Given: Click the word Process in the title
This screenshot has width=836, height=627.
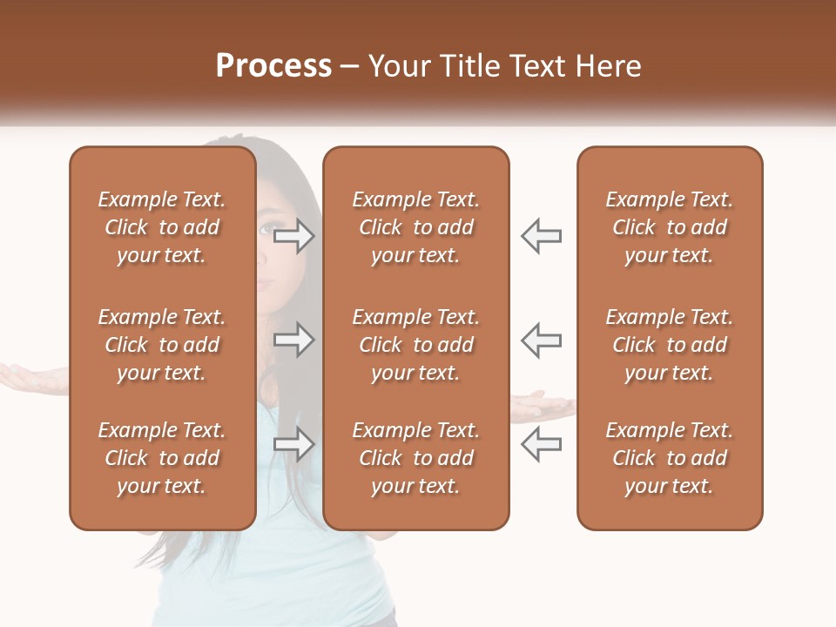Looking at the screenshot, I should (x=273, y=66).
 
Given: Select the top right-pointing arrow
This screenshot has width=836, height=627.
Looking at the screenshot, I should (x=293, y=235).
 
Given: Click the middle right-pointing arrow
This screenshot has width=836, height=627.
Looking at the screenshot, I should (x=293, y=340).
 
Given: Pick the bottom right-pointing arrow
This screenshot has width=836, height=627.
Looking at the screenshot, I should (x=293, y=444).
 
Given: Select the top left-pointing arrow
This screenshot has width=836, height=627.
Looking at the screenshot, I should (x=542, y=235).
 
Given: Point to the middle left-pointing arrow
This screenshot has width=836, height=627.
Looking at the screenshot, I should (x=542, y=340).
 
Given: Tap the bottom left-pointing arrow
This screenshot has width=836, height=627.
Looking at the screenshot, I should (x=542, y=444).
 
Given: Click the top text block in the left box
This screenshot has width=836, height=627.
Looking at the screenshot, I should (x=162, y=227).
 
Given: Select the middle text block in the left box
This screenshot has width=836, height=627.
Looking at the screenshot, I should (x=162, y=345).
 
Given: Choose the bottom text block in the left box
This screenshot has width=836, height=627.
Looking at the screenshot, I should (x=162, y=458).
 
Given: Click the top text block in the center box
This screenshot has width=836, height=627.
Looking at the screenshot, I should (x=415, y=227).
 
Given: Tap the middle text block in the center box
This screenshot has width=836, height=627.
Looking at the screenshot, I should (x=415, y=345).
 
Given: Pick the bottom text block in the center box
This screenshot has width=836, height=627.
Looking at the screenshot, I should (x=415, y=458).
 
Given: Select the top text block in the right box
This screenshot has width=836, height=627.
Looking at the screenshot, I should (x=670, y=227).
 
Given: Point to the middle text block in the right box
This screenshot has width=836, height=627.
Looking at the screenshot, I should (x=670, y=345).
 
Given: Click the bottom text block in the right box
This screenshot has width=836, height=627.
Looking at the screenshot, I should (x=670, y=458).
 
